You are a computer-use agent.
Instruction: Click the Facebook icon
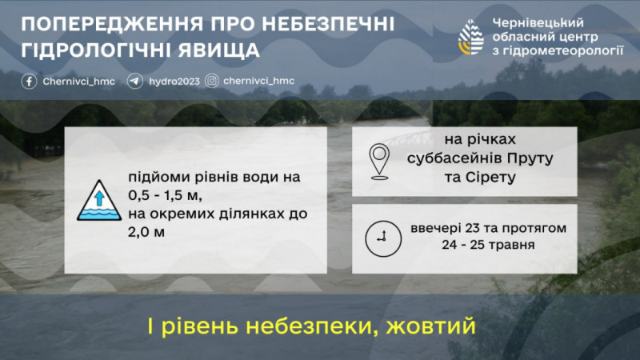29,82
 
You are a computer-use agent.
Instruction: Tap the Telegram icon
134,82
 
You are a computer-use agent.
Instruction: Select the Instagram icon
211,81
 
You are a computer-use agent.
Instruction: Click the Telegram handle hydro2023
174,82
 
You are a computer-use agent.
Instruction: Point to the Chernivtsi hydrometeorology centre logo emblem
471,38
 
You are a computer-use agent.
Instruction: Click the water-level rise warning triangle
99,201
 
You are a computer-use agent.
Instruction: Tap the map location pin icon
379,162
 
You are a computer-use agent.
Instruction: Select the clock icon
383,238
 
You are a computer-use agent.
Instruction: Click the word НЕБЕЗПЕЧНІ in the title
328,24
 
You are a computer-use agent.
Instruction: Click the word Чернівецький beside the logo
538,23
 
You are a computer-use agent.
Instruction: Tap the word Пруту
530,158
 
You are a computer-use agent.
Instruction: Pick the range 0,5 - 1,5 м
166,195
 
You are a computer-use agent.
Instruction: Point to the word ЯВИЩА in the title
218,50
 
